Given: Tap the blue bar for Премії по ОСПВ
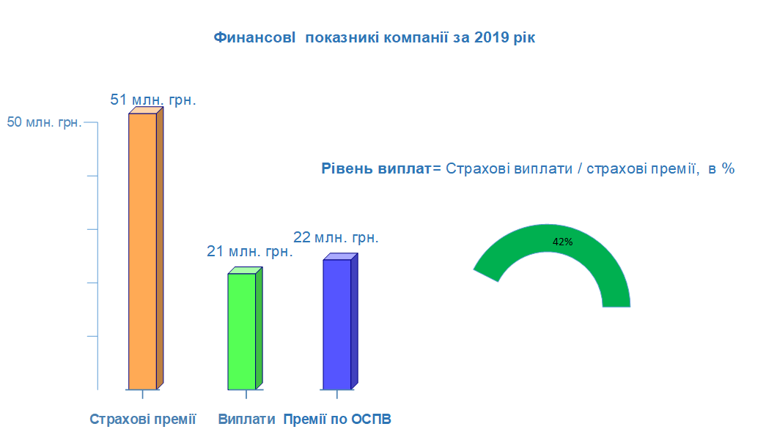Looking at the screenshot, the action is tap(340, 323).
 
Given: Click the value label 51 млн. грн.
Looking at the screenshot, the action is tap(153, 100).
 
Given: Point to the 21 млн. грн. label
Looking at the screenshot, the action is tap(250, 251).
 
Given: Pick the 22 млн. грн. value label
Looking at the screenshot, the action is tap(336, 237).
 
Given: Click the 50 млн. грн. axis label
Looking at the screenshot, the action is tap(44, 122).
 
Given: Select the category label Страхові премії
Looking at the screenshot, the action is tap(143, 419).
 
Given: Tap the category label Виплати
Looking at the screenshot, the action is tap(246, 419).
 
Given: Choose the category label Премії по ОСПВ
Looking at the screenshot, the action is tap(337, 419).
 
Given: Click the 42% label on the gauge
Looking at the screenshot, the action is tap(563, 242).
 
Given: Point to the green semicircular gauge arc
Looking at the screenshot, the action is tap(548, 238).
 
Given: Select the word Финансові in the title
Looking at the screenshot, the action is tap(254, 37).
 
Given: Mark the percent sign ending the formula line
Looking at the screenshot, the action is tap(728, 168).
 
